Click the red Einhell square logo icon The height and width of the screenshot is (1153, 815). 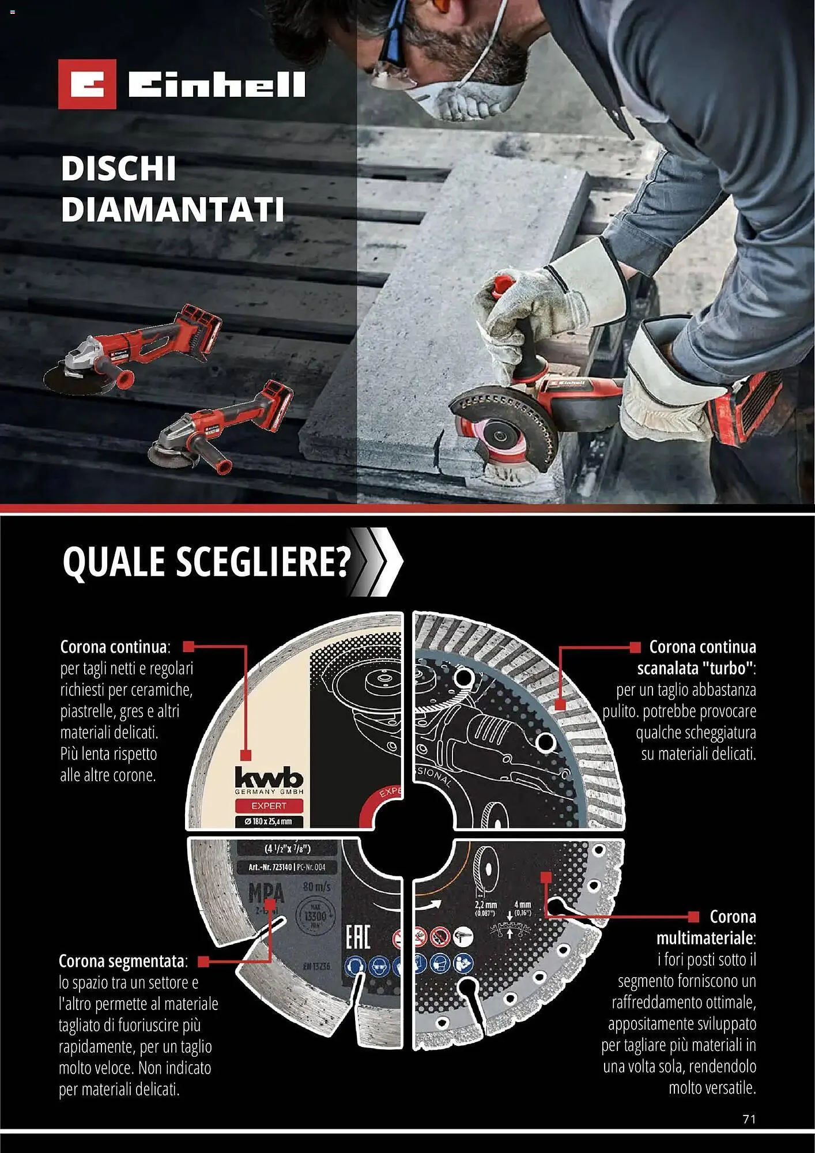tap(87, 84)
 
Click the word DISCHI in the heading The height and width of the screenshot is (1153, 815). tap(118, 169)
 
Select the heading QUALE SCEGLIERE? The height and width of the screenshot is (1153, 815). tap(206, 562)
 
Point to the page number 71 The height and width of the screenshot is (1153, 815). tap(749, 1119)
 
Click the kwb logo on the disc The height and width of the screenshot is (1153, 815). tap(269, 778)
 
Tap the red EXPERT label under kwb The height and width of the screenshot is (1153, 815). tap(269, 805)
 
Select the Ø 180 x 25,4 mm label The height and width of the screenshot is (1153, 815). tap(269, 821)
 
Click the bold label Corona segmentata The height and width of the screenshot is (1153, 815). tap(122, 961)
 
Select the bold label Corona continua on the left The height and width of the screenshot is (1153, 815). tap(114, 647)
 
